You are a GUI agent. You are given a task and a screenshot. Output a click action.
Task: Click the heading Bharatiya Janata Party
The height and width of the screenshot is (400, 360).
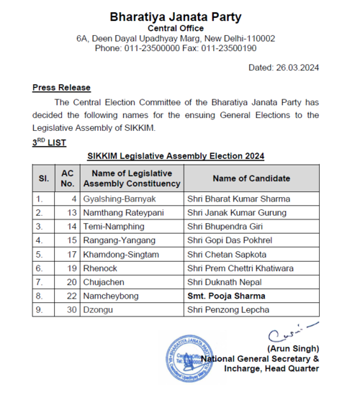pos(176,17)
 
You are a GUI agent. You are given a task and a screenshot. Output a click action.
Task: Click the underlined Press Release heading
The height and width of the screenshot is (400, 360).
pos(61,88)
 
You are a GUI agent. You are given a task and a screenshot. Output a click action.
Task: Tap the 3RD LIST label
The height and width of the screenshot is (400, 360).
pos(49,142)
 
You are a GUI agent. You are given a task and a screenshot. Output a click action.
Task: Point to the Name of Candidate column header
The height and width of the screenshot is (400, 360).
pos(251,178)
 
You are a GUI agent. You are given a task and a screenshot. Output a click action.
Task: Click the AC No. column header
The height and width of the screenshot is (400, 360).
pos(68,178)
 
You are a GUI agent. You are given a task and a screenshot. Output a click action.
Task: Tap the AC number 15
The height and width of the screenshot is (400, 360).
pos(72,240)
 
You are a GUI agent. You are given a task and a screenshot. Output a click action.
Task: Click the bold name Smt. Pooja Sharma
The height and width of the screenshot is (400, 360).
pos(225,295)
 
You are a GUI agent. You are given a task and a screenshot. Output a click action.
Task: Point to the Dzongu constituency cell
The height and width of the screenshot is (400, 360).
pos(99,309)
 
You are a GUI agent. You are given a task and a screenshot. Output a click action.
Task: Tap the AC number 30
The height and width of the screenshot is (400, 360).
pos(72,309)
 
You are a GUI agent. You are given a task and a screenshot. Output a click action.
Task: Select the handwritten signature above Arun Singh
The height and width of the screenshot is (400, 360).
pos(287,332)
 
